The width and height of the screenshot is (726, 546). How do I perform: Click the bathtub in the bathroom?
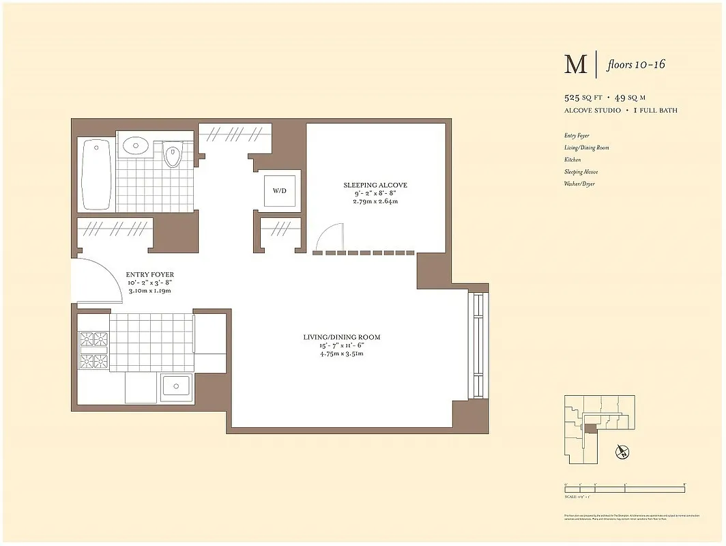[96, 175]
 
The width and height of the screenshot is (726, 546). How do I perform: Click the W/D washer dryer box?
[280, 191]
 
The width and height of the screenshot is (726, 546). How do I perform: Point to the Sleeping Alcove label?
[375, 185]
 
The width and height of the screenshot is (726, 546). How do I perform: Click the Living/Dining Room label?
[342, 337]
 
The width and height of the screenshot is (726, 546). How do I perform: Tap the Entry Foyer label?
[149, 275]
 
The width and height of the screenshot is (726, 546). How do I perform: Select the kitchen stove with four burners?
[94, 349]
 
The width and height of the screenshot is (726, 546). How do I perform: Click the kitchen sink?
[177, 388]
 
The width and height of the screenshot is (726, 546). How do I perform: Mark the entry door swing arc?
[102, 280]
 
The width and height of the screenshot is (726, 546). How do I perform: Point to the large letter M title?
[575, 65]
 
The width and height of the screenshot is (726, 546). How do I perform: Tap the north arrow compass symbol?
[622, 451]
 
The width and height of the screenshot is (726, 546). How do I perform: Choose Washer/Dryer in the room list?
[579, 184]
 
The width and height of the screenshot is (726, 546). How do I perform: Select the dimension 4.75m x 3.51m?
[342, 354]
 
